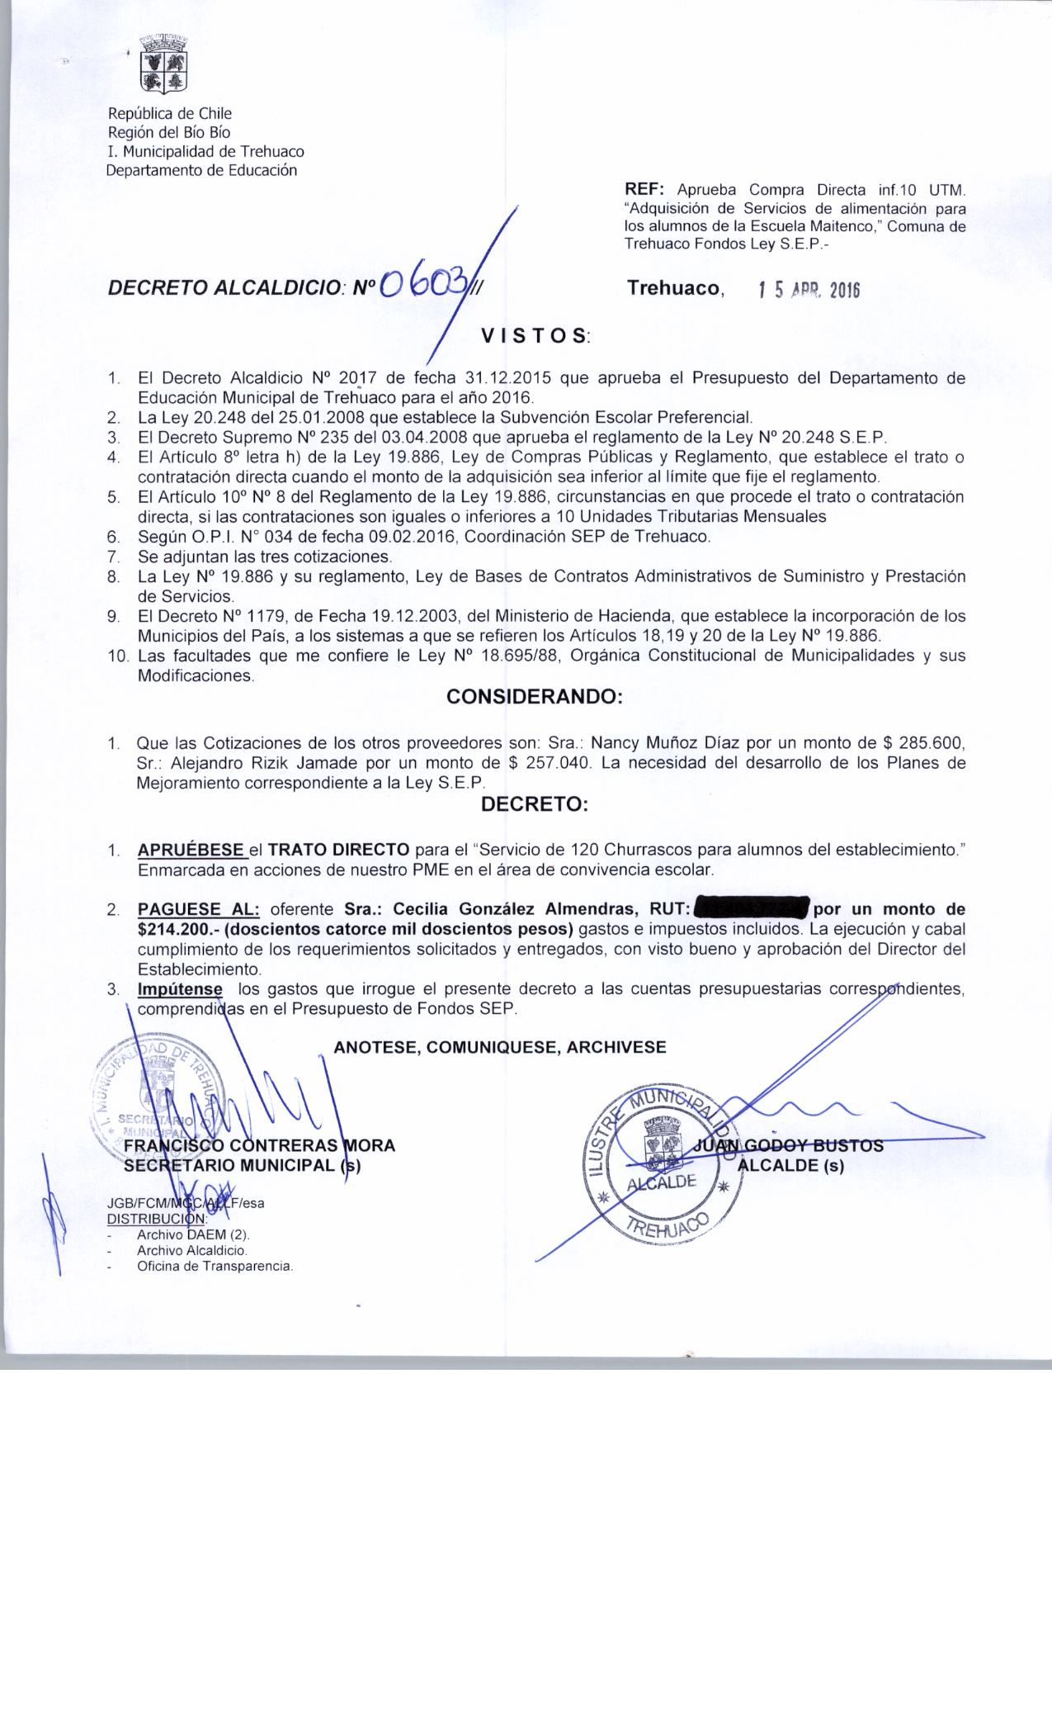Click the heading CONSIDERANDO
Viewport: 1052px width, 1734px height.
click(534, 697)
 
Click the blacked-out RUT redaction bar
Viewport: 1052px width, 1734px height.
click(752, 908)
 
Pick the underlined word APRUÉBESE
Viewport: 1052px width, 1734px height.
click(191, 850)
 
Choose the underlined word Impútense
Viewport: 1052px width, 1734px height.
click(180, 988)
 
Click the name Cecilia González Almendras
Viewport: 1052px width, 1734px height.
click(513, 909)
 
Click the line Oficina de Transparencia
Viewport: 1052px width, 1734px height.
click(215, 1265)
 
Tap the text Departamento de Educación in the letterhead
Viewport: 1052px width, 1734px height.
click(202, 171)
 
